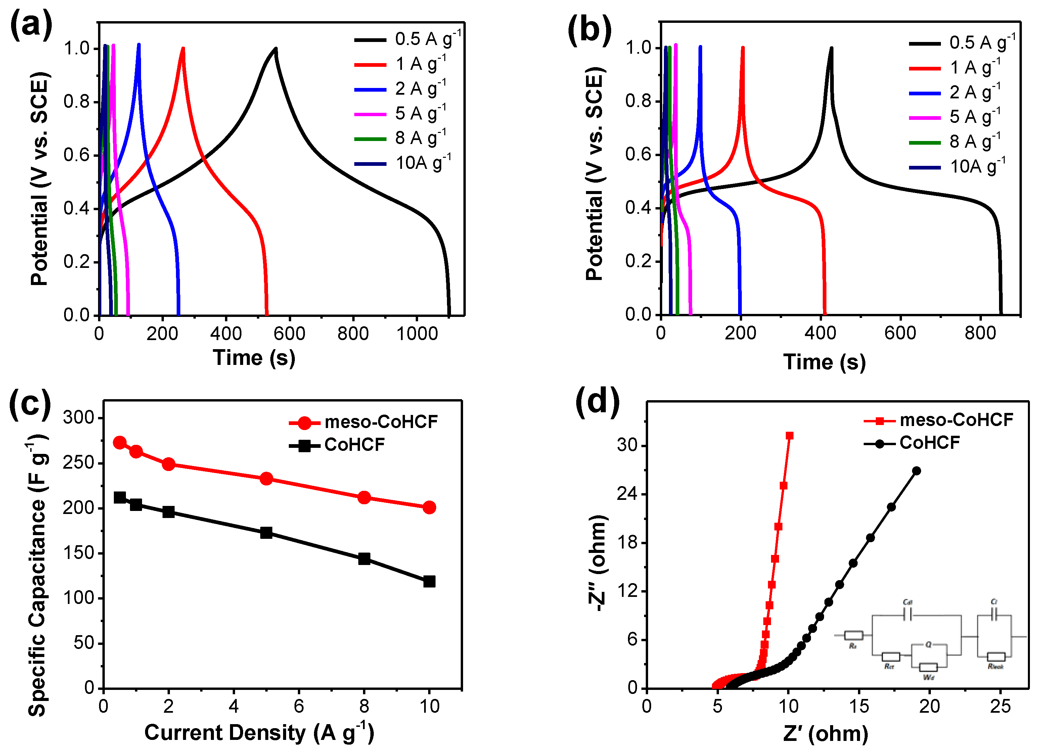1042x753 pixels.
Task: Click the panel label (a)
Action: tap(31, 25)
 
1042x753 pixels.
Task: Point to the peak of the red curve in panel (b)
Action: tap(742, 47)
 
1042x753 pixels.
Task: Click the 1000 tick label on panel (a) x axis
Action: tap(417, 334)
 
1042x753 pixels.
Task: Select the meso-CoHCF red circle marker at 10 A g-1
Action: tap(429, 507)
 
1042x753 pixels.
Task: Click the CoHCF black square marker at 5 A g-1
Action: tap(266, 532)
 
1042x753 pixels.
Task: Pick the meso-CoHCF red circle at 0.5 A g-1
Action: tap(120, 442)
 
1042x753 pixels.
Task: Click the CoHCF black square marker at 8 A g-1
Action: tap(364, 559)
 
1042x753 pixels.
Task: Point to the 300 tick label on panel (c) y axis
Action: tap(78, 417)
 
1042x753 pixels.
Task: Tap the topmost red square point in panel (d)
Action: tap(789, 435)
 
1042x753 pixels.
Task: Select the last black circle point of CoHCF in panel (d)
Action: tap(916, 470)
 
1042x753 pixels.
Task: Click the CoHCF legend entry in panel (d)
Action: tap(929, 443)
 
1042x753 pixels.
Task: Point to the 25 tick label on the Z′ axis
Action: tap(1000, 707)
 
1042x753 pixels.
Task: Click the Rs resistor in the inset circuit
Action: tap(853, 636)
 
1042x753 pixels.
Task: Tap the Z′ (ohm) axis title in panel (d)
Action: tap(826, 734)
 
